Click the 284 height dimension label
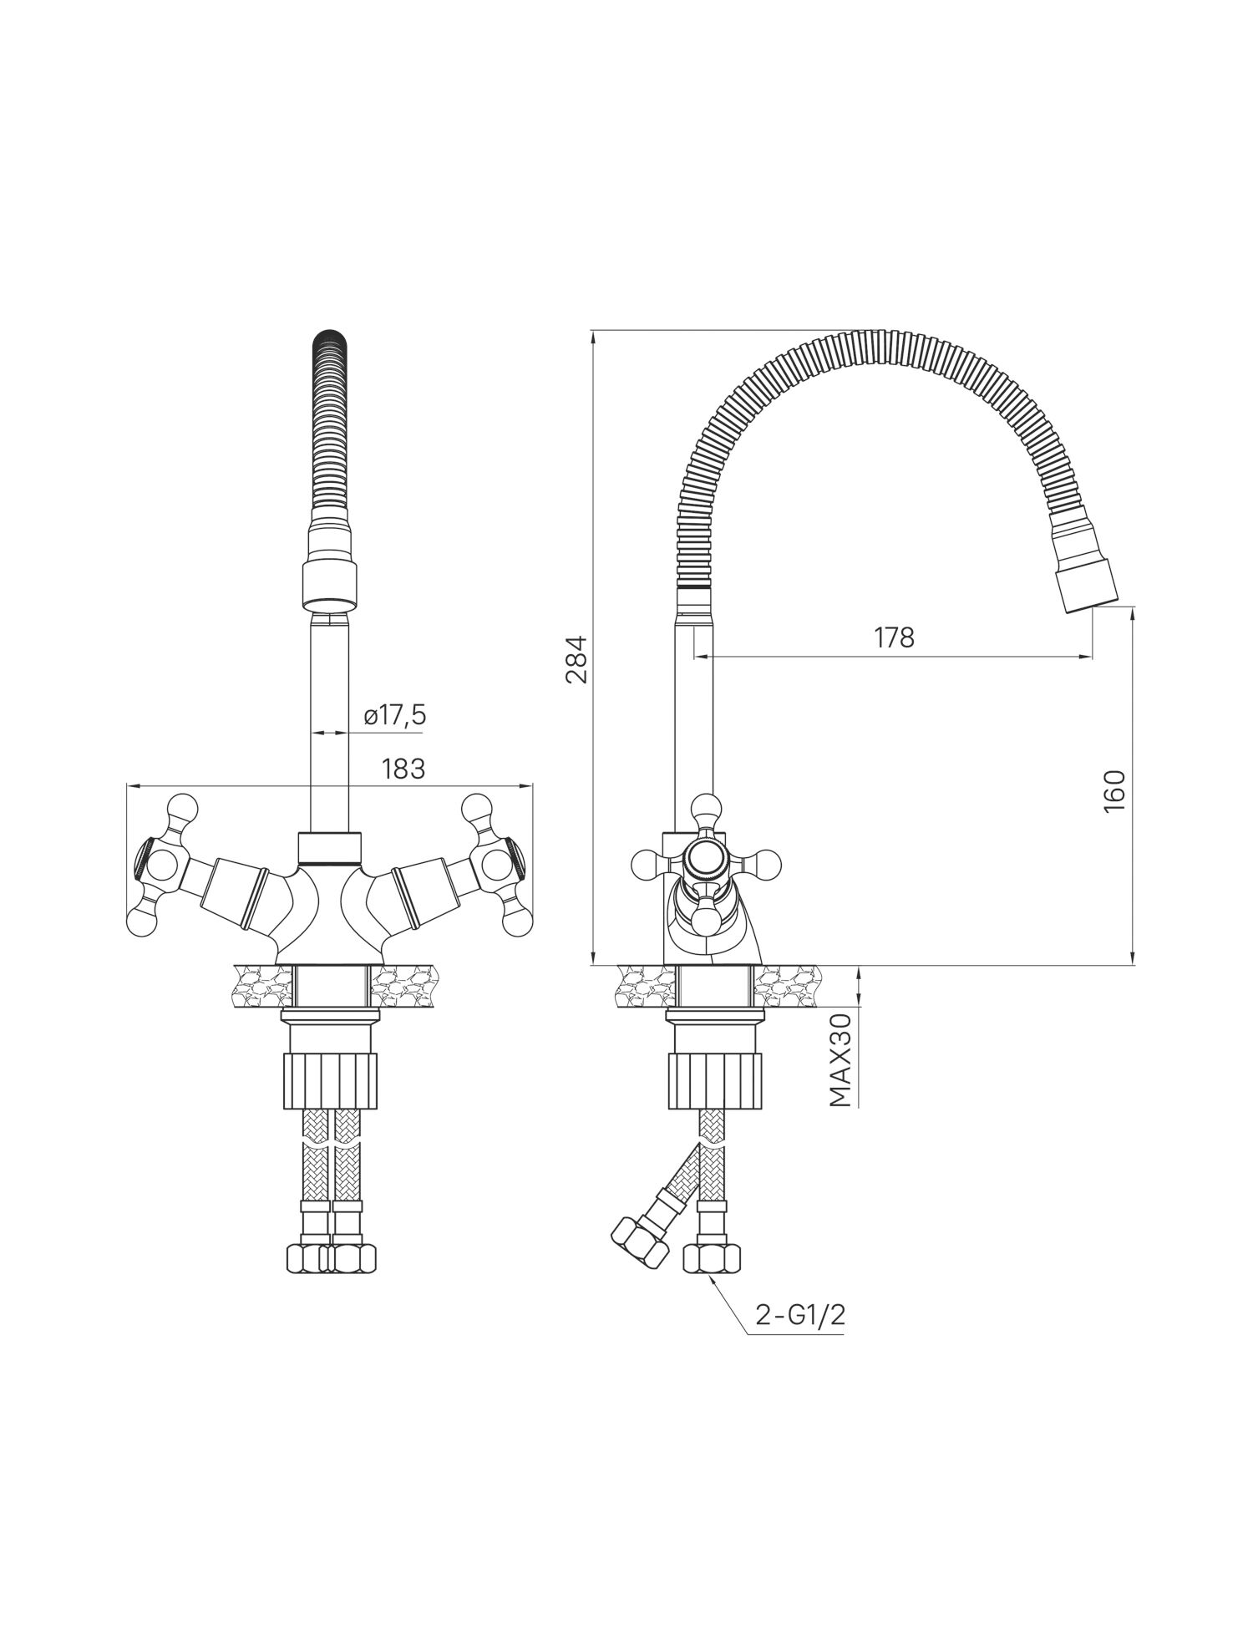[x=577, y=660]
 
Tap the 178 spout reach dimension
[x=895, y=638]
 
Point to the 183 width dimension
[x=404, y=769]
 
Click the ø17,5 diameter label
[x=394, y=715]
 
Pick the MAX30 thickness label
[x=840, y=1059]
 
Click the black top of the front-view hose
[x=329, y=344]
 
